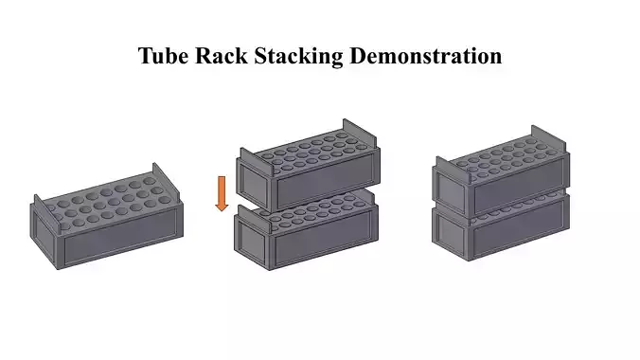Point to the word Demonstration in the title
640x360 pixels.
[x=427, y=56]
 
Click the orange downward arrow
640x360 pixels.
[x=222, y=193]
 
